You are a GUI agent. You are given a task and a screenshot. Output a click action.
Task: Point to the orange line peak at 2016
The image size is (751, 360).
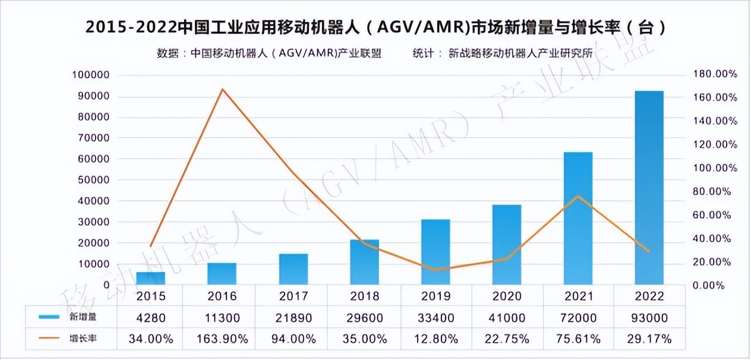(x=222, y=89)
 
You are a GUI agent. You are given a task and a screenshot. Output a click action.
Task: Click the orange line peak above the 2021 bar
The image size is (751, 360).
(x=578, y=197)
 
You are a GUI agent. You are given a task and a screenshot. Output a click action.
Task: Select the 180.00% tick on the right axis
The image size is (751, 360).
(x=715, y=74)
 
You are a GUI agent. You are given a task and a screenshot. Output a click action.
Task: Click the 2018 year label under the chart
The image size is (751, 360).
(x=364, y=296)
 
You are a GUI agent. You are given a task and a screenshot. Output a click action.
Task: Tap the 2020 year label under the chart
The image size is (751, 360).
(x=507, y=296)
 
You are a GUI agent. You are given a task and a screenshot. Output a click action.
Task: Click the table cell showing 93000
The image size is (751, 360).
(x=649, y=318)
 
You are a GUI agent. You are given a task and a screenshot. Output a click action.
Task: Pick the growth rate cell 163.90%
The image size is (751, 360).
(x=222, y=339)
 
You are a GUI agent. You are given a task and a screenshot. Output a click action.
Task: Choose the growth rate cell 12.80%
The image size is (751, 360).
(x=436, y=339)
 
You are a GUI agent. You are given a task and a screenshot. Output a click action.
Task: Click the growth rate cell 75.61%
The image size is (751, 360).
(x=578, y=339)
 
